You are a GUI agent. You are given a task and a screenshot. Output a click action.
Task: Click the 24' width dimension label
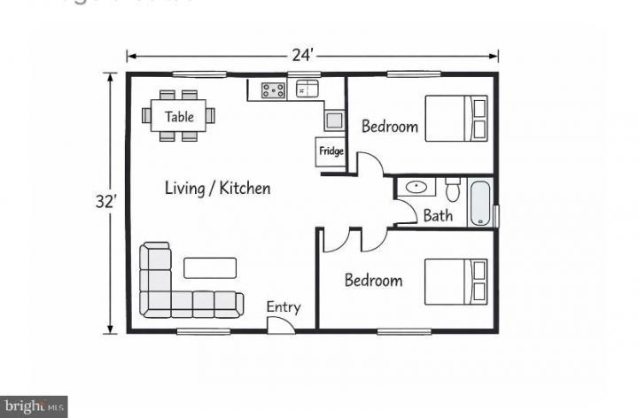[x=303, y=55]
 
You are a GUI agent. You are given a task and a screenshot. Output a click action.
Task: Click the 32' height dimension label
[x=106, y=201]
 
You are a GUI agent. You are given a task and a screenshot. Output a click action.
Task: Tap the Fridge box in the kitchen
[x=331, y=151]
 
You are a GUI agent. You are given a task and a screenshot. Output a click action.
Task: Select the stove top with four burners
[x=272, y=89]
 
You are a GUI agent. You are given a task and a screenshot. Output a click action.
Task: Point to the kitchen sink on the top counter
[x=307, y=89]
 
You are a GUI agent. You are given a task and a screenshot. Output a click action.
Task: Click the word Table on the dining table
[x=179, y=116]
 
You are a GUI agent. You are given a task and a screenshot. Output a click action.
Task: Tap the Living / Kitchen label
[x=218, y=188]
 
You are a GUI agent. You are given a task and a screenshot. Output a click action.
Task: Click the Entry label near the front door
[x=284, y=307]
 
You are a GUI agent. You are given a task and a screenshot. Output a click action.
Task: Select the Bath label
[x=438, y=215]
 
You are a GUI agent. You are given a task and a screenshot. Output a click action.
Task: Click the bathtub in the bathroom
[x=479, y=203]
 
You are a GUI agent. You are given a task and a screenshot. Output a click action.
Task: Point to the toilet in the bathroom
[x=453, y=189]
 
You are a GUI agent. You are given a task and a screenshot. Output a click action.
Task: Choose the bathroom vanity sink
[x=415, y=188]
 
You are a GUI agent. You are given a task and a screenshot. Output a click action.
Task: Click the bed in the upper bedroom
[x=456, y=118]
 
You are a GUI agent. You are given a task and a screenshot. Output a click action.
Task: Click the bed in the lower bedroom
[x=456, y=281]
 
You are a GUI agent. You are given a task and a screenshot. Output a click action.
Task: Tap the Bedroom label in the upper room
[x=390, y=127]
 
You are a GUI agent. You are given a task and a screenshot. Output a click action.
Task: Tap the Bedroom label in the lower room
[x=373, y=281]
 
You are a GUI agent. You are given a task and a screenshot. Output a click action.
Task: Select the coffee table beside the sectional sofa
[x=210, y=267]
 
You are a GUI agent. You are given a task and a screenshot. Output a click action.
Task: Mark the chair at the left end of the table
[x=147, y=115]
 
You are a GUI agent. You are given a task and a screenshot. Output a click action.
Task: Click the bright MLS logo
[x=34, y=406]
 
